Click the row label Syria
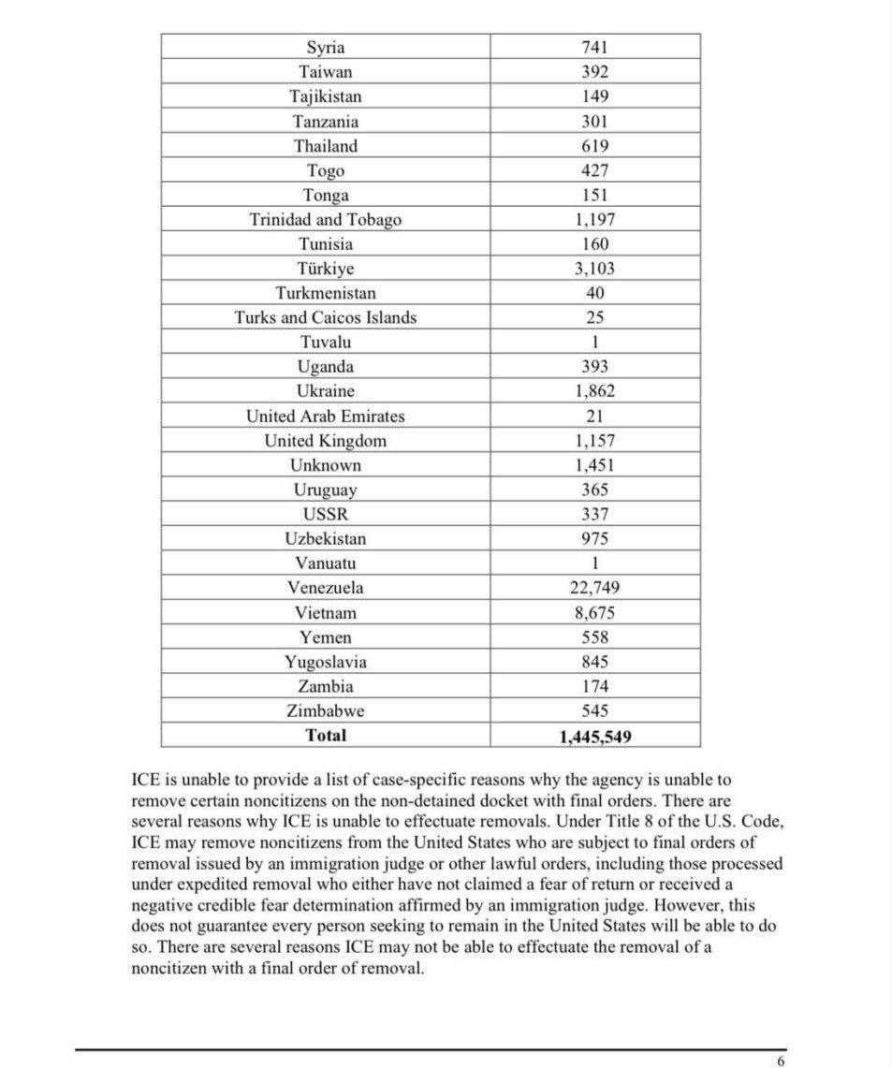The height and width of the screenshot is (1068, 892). click(326, 48)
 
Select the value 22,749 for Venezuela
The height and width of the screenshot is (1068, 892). click(595, 588)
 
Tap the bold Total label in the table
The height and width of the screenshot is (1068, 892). click(326, 736)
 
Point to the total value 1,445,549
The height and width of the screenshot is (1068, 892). click(595, 737)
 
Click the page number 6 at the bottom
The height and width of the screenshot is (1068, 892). click(781, 1061)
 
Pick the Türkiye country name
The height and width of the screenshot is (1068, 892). click(326, 269)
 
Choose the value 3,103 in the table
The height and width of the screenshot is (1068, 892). click(595, 269)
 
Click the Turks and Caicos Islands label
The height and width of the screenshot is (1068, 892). click(326, 317)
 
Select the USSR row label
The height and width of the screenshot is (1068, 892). click(326, 514)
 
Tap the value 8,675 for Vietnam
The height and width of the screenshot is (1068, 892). click(595, 613)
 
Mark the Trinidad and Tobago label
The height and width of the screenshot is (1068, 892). click(326, 220)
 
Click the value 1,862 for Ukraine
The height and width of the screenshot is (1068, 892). click(595, 391)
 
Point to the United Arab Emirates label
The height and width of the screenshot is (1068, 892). click(326, 417)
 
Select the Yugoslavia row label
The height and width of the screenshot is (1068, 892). click(326, 662)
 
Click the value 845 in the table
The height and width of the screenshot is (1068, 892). click(595, 662)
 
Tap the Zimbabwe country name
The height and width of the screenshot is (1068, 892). click(326, 711)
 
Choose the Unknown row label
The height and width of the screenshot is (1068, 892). click(326, 465)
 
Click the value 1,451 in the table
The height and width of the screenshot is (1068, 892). click(595, 465)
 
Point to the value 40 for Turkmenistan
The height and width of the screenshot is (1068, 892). click(595, 293)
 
